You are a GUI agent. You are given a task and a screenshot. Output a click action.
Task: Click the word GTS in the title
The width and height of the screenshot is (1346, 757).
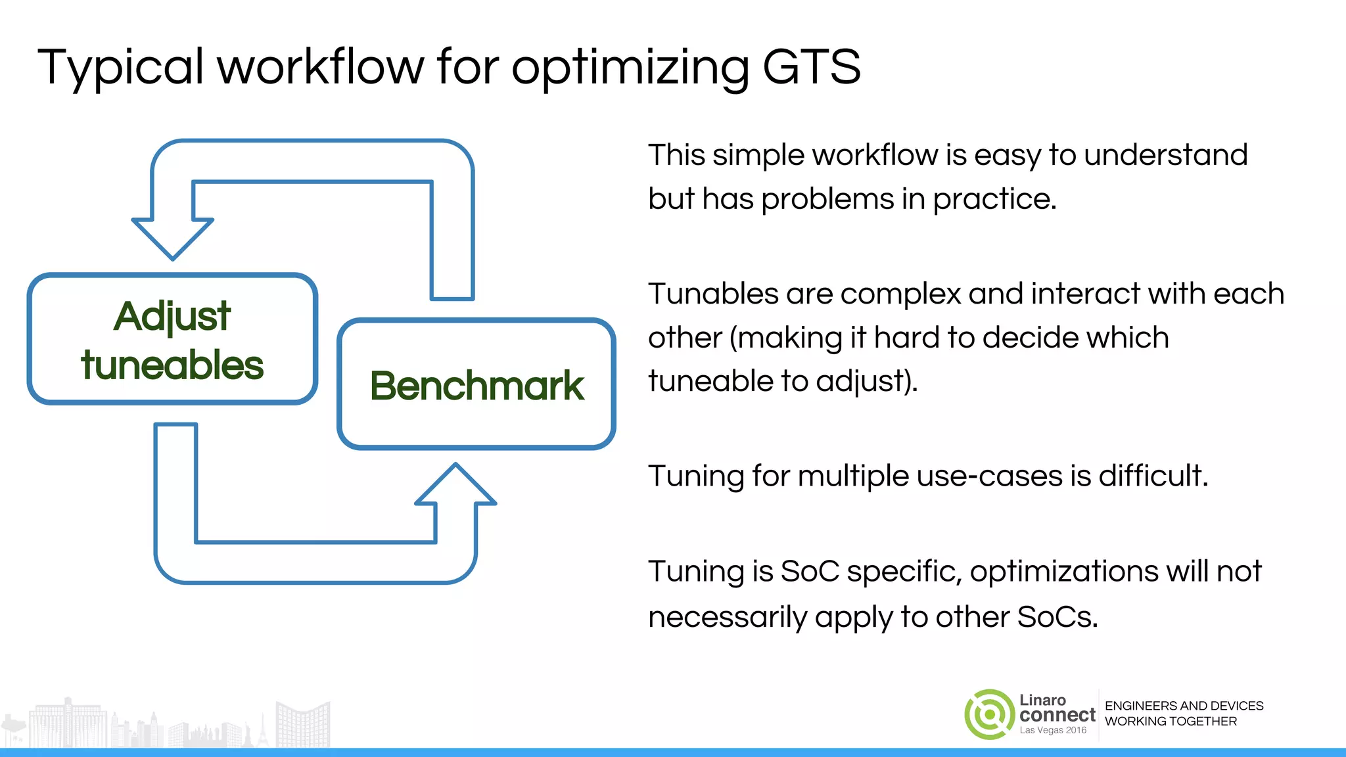[x=811, y=67]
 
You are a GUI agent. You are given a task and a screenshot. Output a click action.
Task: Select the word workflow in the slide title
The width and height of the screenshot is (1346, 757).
[x=321, y=67]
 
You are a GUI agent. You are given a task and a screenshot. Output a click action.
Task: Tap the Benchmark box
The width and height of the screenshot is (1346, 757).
[x=476, y=384]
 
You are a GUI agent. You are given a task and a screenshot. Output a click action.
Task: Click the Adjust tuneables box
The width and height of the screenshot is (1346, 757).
[x=172, y=339]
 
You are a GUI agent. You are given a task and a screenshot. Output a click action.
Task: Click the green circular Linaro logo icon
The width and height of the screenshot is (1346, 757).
[x=989, y=714]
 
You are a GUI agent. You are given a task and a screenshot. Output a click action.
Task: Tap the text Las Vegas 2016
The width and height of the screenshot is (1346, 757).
[x=1053, y=730]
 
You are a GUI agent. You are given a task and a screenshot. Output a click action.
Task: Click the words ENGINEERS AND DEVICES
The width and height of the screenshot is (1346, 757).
[x=1184, y=706]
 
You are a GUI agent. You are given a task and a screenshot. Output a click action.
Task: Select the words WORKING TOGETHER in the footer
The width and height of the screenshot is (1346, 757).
[x=1171, y=722]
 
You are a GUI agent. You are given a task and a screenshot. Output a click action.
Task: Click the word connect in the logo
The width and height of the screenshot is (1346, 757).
[x=1057, y=715]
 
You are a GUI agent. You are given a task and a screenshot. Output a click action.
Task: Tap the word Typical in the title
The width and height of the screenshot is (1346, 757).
[x=120, y=68]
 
